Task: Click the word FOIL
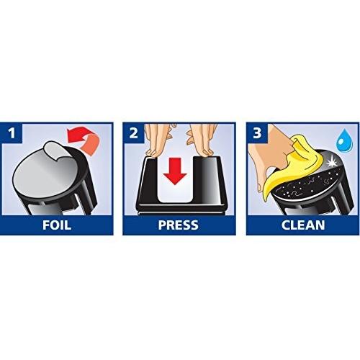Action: click(x=57, y=225)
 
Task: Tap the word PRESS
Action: click(x=179, y=225)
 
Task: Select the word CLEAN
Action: click(x=303, y=225)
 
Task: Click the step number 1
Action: click(x=12, y=133)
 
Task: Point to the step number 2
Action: click(x=133, y=133)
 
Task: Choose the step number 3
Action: click(x=257, y=133)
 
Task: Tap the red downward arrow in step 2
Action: click(x=175, y=171)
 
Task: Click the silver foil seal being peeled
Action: click(x=49, y=168)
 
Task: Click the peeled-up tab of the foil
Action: click(x=54, y=150)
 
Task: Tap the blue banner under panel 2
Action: click(x=179, y=225)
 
